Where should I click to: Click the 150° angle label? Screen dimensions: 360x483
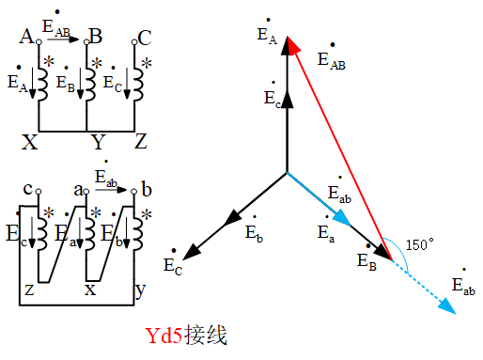pyautogui.click(x=418, y=243)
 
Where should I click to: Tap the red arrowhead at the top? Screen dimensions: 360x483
pyautogui.click(x=293, y=46)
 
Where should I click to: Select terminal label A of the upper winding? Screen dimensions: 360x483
pyautogui.click(x=26, y=38)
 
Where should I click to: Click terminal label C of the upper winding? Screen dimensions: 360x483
pyautogui.click(x=144, y=38)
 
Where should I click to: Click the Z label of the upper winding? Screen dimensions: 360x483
pyautogui.click(x=141, y=143)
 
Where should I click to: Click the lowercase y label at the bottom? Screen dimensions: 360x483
pyautogui.click(x=139, y=291)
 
